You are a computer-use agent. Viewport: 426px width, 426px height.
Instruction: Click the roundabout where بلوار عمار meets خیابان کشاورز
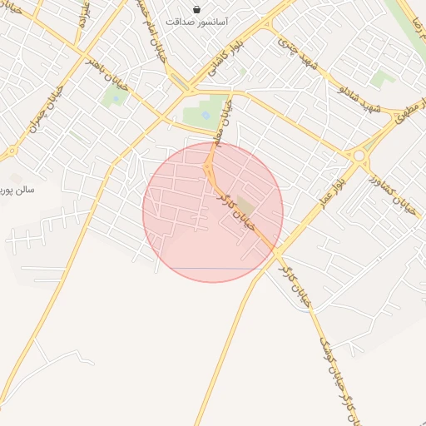click(x=359, y=155)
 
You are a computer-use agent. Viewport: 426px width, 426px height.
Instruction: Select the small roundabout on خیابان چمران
click(x=12, y=151)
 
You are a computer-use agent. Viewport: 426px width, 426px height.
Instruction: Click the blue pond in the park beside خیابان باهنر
click(x=115, y=99)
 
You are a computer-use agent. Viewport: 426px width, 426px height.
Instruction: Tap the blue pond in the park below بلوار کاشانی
click(x=206, y=116)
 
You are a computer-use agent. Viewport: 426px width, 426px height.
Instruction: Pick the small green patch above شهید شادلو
click(x=382, y=79)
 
